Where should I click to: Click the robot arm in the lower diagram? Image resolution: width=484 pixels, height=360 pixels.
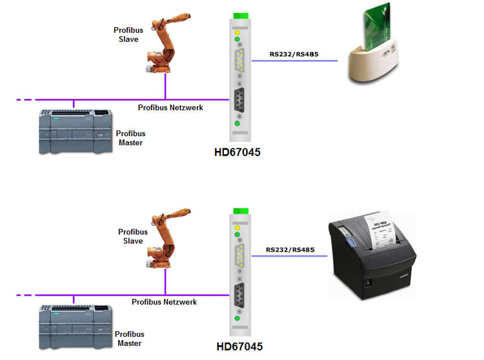tap(166, 242)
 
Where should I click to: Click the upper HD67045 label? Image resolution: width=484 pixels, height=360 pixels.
tap(237, 153)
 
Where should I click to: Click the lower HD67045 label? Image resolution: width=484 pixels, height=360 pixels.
tap(238, 346)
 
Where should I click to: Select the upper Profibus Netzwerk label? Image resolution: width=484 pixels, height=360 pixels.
tap(170, 108)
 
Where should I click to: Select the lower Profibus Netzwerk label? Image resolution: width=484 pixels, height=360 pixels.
tap(165, 301)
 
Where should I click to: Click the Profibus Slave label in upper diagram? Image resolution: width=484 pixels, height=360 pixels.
tap(129, 34)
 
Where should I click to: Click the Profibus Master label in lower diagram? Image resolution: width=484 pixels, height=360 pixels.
tap(130, 339)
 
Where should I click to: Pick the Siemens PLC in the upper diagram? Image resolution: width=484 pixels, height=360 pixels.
tap(75, 132)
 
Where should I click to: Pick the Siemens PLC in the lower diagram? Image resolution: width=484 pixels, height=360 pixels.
tap(74, 328)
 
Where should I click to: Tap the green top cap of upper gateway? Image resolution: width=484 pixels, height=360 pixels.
tap(240, 15)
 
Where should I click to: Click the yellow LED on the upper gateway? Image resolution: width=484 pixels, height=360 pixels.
tap(238, 32)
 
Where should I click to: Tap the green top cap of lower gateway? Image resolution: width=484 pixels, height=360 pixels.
tap(241, 210)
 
